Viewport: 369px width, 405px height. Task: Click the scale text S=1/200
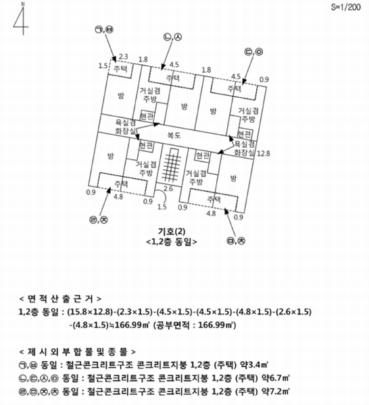[x=346, y=7]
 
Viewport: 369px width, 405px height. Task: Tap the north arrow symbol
[x=21, y=19]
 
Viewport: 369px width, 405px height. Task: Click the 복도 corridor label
[x=174, y=135]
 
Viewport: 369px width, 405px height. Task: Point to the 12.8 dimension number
[x=264, y=153]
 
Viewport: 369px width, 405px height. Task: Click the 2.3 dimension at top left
[x=124, y=57]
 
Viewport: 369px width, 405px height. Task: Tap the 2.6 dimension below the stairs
[x=168, y=188]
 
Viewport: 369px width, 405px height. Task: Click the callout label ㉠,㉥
[x=104, y=30]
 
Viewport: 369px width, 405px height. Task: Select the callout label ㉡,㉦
[x=172, y=37]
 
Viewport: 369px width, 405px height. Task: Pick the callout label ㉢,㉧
[x=253, y=52]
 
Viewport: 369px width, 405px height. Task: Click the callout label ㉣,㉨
[x=99, y=220]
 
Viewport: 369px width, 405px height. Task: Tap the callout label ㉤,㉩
[x=236, y=241]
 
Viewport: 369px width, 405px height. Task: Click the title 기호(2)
[x=172, y=231]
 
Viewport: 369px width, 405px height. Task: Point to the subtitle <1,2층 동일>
[x=172, y=242]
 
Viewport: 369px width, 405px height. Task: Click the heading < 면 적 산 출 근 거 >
[x=60, y=299]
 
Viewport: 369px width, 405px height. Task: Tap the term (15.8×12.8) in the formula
[x=90, y=312]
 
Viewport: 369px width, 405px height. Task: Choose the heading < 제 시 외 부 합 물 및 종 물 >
[x=77, y=352]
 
